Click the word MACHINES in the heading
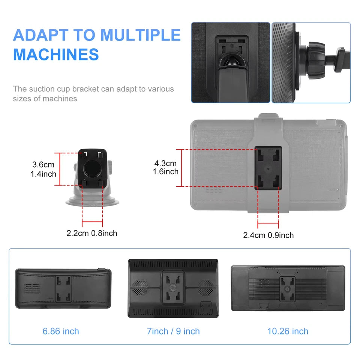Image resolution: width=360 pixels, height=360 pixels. tap(56, 54)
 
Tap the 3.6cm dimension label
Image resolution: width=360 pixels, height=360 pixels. tap(43, 164)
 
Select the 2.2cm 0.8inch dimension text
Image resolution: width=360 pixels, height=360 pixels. tap(92, 233)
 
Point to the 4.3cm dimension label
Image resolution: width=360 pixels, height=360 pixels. tap(165, 163)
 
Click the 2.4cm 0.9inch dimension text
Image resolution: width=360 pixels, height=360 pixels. tap(268, 235)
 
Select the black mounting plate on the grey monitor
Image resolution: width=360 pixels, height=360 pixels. tap(268, 168)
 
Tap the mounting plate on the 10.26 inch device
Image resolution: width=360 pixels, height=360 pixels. tap(288, 289)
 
